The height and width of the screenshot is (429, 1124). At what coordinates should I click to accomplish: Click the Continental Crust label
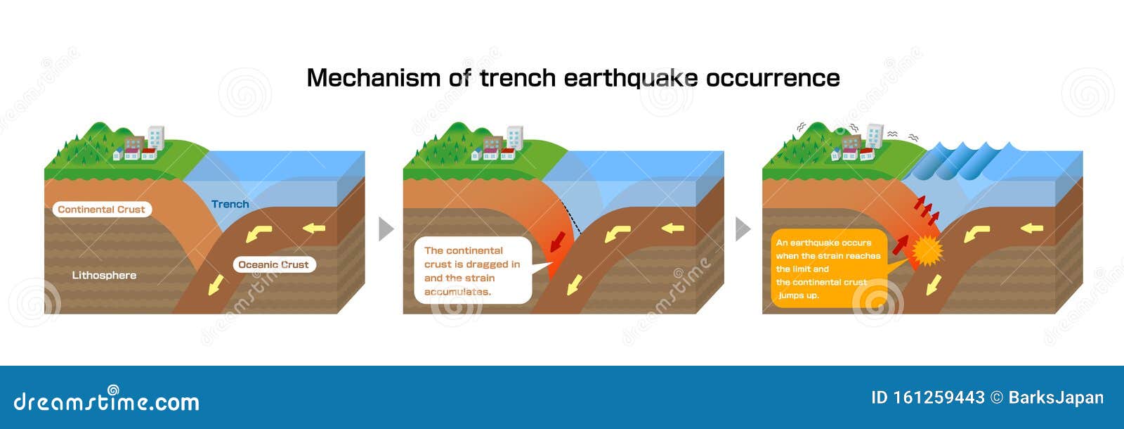tap(101, 209)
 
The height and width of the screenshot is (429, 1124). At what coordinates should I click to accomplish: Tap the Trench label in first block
tap(230, 204)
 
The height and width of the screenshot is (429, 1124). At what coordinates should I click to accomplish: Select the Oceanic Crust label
tap(273, 264)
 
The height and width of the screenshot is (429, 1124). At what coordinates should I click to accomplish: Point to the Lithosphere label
tap(104, 275)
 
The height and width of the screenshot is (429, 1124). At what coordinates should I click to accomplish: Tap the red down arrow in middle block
tap(558, 241)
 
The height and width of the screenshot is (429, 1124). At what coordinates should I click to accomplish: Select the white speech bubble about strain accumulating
tap(472, 271)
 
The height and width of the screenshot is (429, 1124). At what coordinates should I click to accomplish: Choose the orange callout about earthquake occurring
tap(828, 269)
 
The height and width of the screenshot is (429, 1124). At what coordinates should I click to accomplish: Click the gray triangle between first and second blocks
tap(386, 229)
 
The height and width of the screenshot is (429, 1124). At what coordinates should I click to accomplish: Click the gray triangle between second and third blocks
tap(743, 229)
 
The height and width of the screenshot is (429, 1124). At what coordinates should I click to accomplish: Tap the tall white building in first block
tap(156, 137)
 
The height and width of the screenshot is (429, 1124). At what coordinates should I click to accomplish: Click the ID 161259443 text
tap(927, 397)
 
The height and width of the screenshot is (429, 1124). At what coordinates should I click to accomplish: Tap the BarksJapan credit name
tap(1055, 397)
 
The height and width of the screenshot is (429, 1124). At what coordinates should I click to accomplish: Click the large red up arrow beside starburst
tap(900, 245)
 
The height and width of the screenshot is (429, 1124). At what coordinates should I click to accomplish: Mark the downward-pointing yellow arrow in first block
tap(216, 284)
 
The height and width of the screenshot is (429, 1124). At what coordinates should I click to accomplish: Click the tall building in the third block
tap(875, 135)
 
